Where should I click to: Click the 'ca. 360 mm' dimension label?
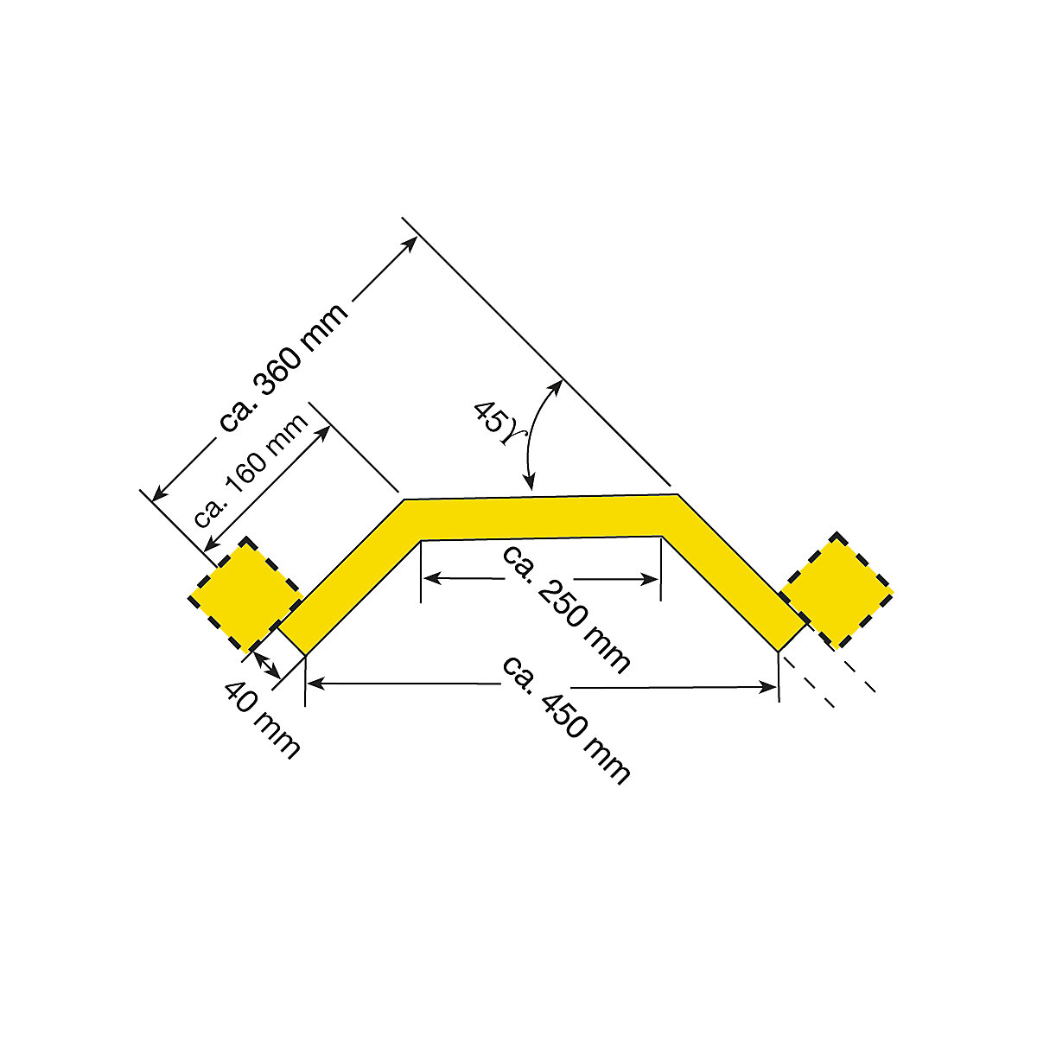(x=284, y=366)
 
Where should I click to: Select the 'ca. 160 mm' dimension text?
(x=251, y=470)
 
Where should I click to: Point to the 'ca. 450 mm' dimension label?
(x=566, y=718)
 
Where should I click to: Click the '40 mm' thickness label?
(x=263, y=718)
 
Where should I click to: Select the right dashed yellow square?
(x=836, y=590)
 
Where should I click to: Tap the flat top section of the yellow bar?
(x=540, y=516)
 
